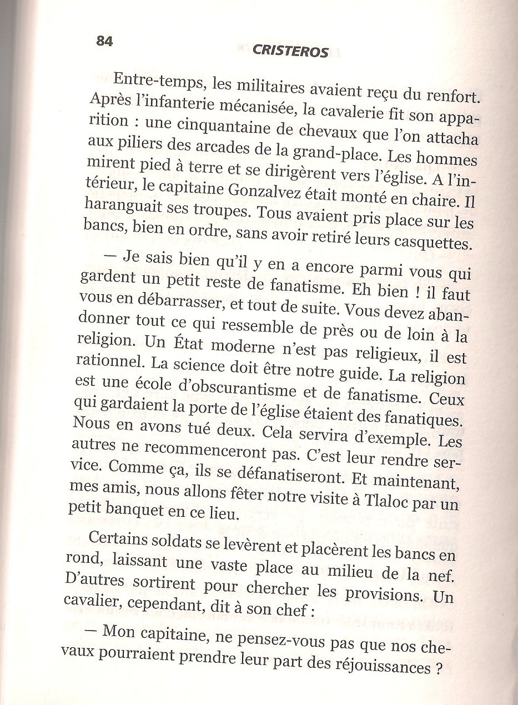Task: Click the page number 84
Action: pos(104,41)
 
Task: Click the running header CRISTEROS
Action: pos(290,52)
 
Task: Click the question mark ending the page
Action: pos(439,668)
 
